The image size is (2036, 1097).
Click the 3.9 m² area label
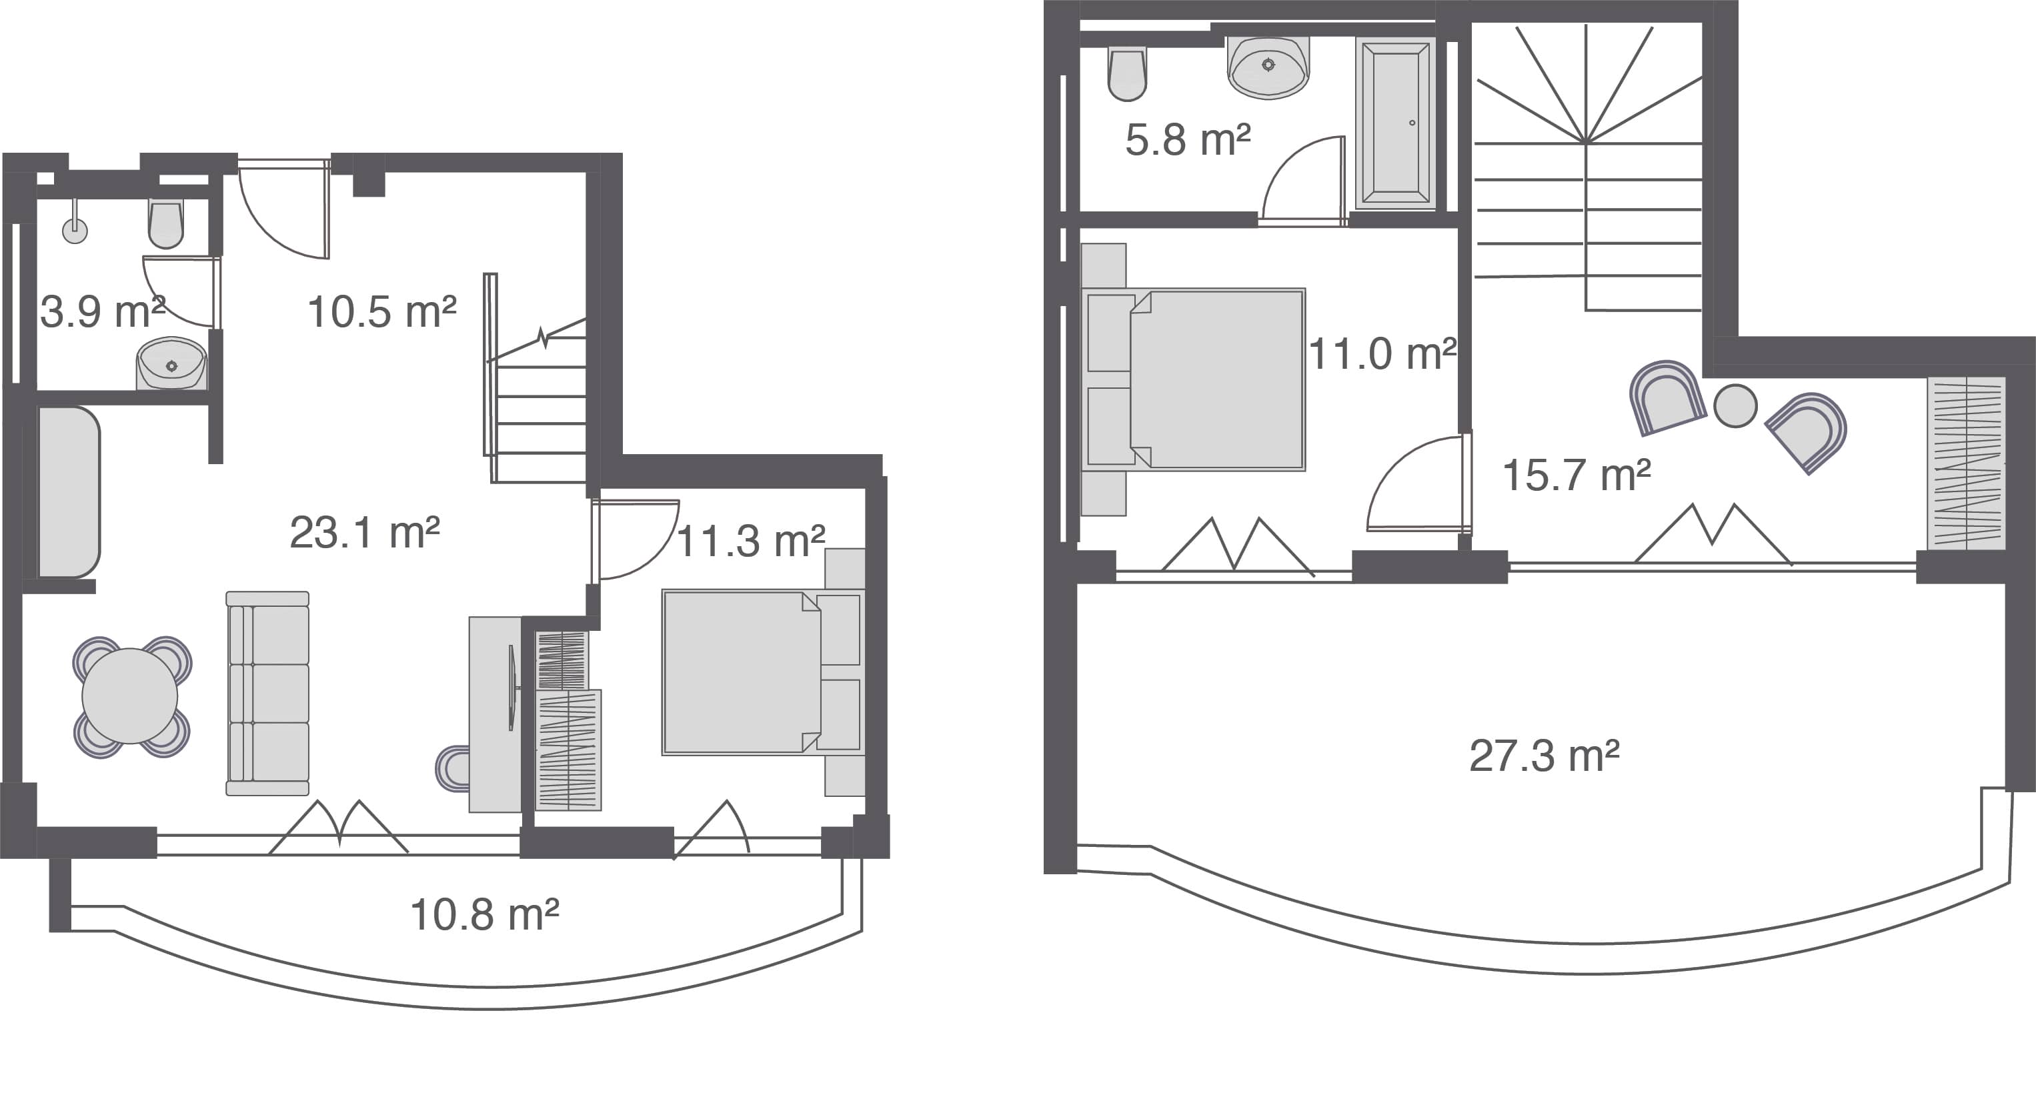(x=103, y=311)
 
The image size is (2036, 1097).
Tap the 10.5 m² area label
(x=381, y=311)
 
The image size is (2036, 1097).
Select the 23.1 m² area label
(x=364, y=533)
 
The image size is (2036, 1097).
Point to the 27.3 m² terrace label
(x=1545, y=756)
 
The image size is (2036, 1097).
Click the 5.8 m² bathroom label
(x=1188, y=140)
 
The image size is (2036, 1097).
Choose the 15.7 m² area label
(x=1576, y=475)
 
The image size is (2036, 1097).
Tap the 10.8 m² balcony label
(x=485, y=914)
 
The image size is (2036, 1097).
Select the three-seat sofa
(x=267, y=693)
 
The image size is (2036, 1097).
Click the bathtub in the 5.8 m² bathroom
(x=1396, y=123)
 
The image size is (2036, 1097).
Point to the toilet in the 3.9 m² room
(x=166, y=223)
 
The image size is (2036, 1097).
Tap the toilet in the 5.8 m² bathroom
(x=1127, y=74)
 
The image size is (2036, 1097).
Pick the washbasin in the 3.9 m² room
(x=171, y=363)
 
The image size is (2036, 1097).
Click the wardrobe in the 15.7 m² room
(x=1967, y=463)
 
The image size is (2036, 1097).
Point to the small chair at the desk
(x=452, y=768)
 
